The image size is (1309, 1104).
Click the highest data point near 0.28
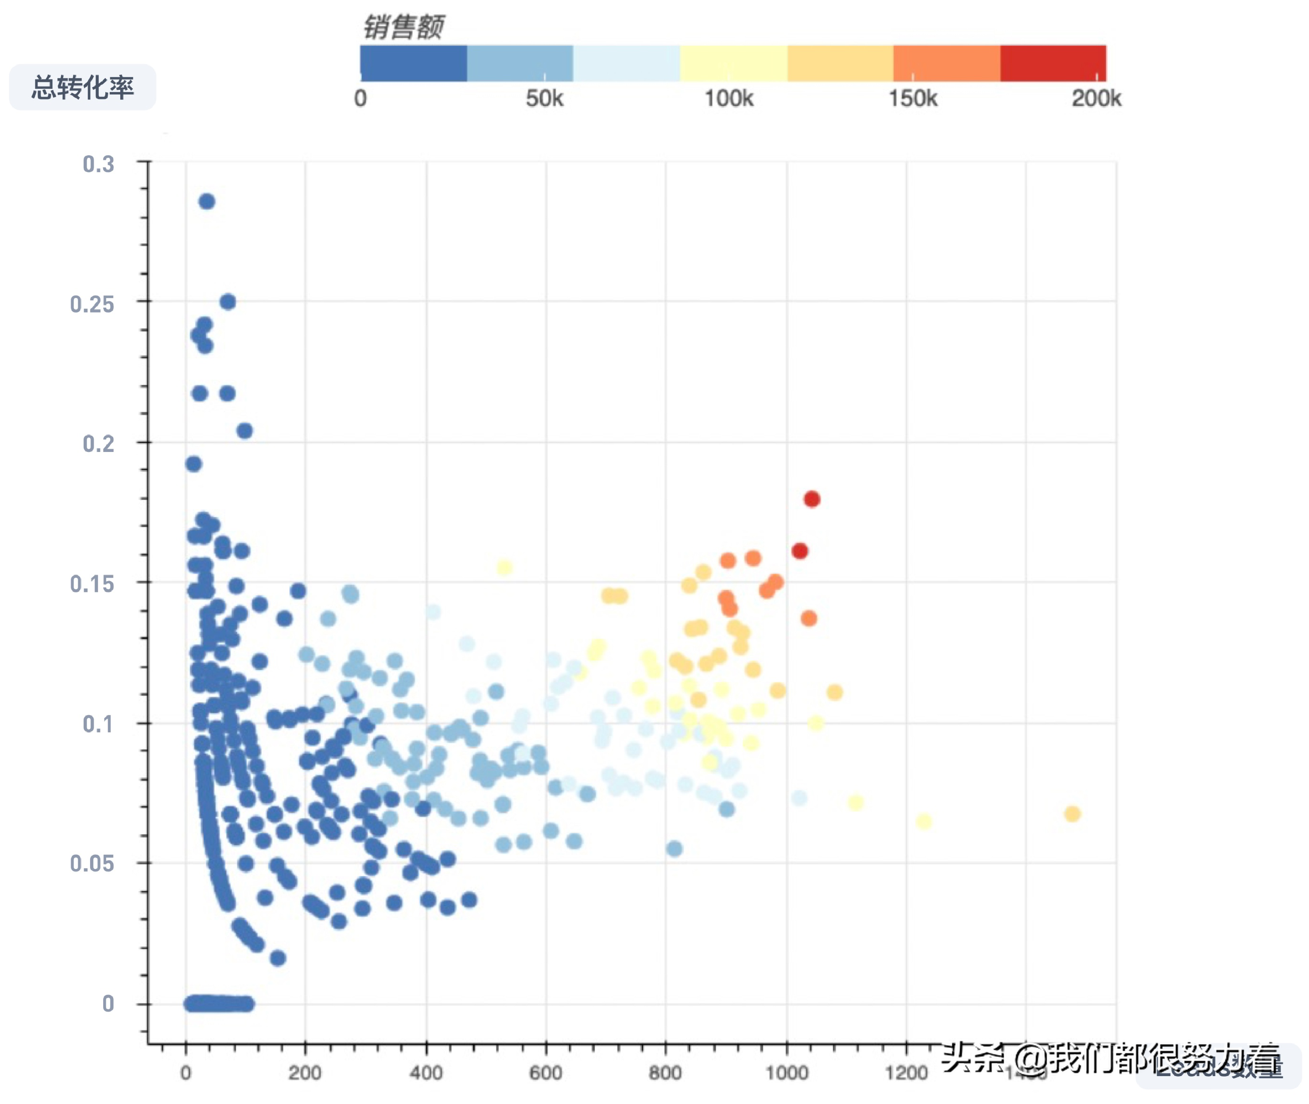pos(207,201)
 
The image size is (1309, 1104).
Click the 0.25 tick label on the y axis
pos(92,304)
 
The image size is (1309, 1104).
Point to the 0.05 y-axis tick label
pos(92,864)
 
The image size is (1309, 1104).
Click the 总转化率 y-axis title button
pos(83,87)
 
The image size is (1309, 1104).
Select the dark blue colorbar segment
pos(413,63)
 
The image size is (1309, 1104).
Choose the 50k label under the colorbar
pos(544,98)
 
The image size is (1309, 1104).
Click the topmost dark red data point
pos(812,499)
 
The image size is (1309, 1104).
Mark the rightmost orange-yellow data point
pos(1073,814)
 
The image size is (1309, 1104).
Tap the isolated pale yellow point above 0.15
pos(505,567)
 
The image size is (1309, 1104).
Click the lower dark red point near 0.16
pos(800,551)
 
